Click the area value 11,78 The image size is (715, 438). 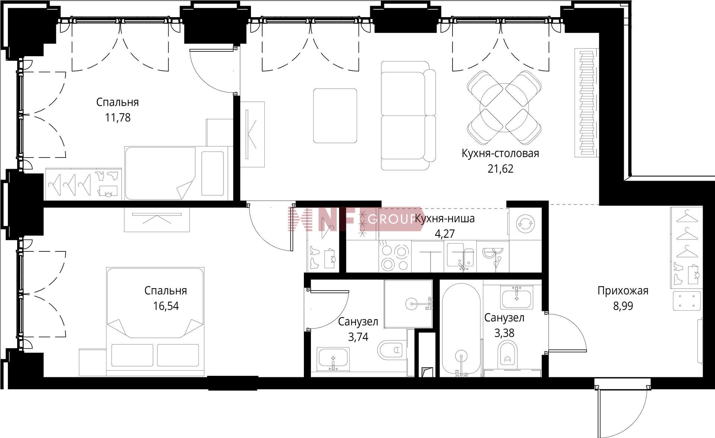click(118, 118)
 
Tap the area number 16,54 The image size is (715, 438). click(166, 306)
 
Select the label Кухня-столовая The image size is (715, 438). click(500, 153)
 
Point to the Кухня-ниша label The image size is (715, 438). click(445, 219)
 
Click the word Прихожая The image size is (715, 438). click(623, 291)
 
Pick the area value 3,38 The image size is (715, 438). click(504, 333)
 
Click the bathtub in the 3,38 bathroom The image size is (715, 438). click(461, 330)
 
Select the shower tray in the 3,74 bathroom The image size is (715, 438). click(408, 304)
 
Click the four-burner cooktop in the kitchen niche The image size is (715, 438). click(395, 256)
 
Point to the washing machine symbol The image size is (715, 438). click(525, 223)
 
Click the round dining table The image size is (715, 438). click(504, 108)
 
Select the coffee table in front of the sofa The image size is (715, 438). click(335, 116)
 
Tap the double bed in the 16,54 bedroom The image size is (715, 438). click(155, 321)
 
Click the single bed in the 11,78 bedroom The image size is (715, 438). click(177, 173)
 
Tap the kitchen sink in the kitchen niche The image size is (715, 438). click(461, 256)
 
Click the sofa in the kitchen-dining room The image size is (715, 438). click(409, 115)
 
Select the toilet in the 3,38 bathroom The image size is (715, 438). click(507, 353)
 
